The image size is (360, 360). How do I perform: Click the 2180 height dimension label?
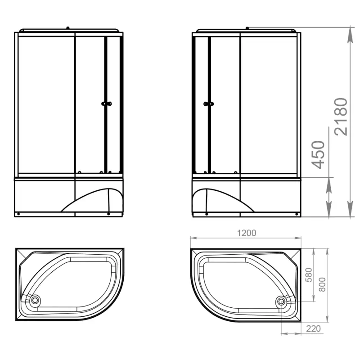point(341,117)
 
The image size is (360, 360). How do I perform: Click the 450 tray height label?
point(318,155)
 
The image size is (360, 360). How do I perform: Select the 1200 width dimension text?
point(247,233)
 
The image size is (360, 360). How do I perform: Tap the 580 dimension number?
point(309,275)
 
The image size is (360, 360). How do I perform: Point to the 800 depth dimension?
point(322,284)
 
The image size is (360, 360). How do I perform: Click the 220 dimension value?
point(313,328)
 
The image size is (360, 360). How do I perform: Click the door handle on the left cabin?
point(107,104)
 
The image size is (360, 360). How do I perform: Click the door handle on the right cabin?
point(209,104)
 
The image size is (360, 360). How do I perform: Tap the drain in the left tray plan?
point(35,300)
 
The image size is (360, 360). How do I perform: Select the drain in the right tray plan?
point(281,301)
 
